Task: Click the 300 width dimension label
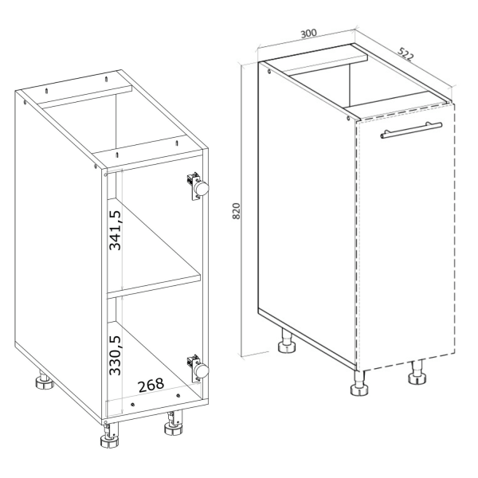tap(309, 33)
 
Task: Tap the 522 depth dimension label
tap(406, 54)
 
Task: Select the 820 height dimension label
tap(237, 211)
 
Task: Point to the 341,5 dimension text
tap(116, 230)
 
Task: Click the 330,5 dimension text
tap(116, 355)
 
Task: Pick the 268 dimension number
tap(151, 386)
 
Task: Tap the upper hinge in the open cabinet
tap(198, 186)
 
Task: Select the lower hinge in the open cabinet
tap(198, 368)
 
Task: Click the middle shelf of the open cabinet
tap(154, 284)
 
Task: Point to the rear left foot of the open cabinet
tap(44, 381)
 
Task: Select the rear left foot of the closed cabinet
tap(287, 342)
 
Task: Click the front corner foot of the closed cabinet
tap(359, 383)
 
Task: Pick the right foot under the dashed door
tap(417, 373)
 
